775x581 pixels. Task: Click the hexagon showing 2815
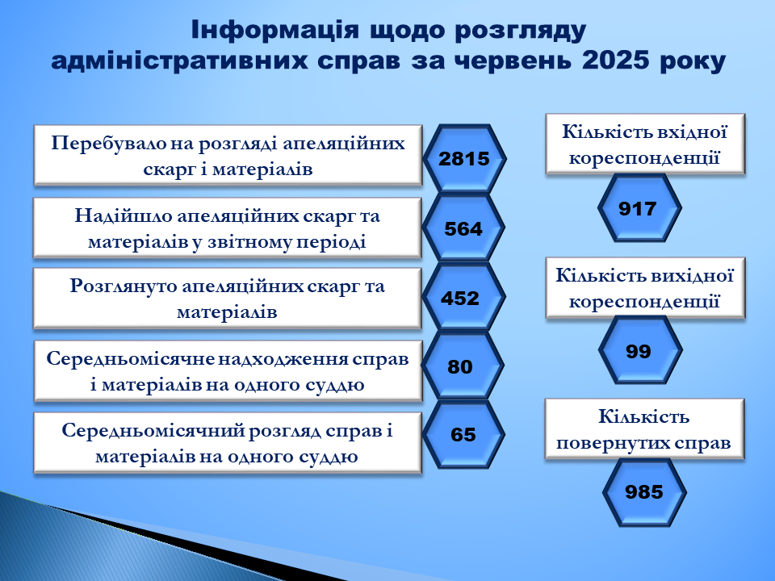[x=464, y=159]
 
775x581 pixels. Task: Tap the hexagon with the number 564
[x=463, y=228]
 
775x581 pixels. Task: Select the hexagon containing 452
[x=463, y=297]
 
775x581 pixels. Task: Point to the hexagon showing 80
[x=463, y=366]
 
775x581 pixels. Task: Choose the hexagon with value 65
[x=463, y=434]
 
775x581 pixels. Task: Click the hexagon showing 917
[x=639, y=208]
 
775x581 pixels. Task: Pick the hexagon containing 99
[x=640, y=350]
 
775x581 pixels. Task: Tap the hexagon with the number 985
[x=644, y=492]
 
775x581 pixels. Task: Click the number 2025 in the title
[x=615, y=61]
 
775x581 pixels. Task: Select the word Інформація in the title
[x=274, y=30]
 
